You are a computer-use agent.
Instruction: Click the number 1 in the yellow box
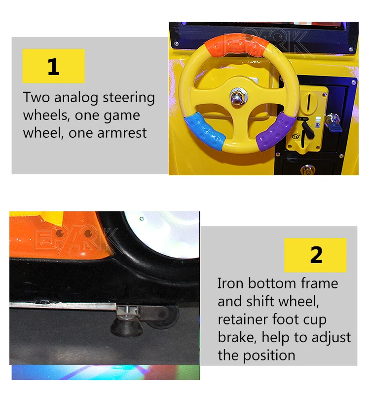pos(53,66)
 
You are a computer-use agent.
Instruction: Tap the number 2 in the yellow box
pos(316,255)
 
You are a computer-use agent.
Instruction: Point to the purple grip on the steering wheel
pos(277,133)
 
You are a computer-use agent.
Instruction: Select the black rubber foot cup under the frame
pos(126,324)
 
